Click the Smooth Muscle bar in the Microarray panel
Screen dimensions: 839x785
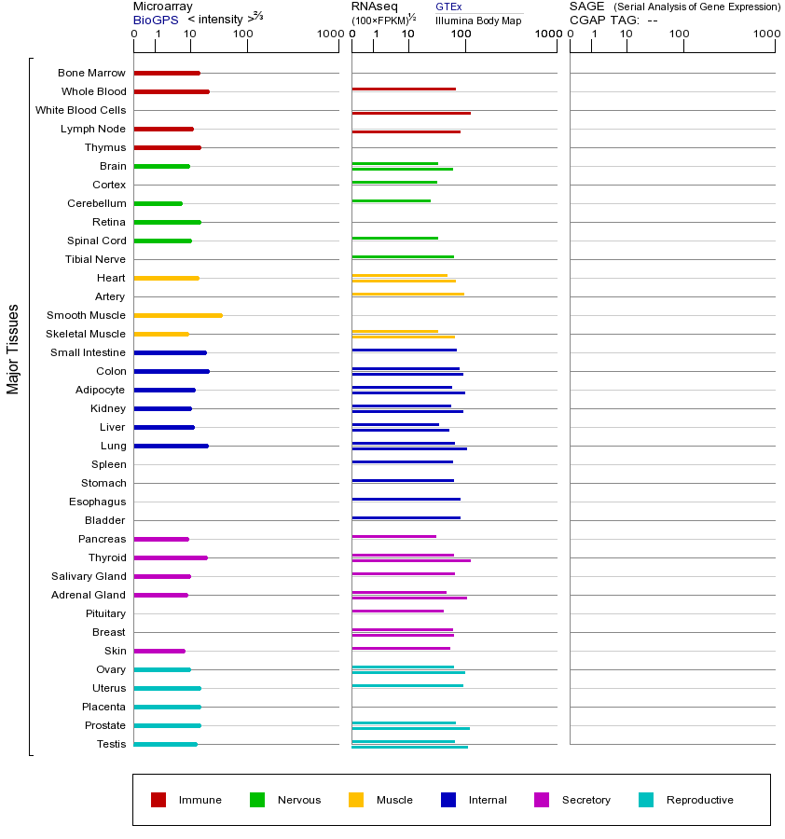[178, 315]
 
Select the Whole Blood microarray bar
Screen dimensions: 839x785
[172, 91]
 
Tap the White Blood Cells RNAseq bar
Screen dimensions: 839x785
[410, 113]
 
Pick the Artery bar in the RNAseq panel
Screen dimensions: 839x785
[407, 294]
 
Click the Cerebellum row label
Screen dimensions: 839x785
[96, 203]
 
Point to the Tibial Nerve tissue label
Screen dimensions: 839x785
[95, 259]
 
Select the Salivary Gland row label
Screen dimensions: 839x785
[89, 576]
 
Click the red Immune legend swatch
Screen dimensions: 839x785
[158, 800]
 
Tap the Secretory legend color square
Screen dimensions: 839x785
[542, 800]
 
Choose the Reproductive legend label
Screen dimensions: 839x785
[699, 800]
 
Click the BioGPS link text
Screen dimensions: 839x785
[156, 20]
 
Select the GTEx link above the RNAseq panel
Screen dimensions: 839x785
[448, 7]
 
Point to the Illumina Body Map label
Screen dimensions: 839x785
[478, 21]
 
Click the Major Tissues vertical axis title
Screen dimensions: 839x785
[13, 349]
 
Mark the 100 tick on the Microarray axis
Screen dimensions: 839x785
[243, 34]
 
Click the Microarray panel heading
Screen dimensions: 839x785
[164, 7]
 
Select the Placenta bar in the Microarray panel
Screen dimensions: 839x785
[168, 707]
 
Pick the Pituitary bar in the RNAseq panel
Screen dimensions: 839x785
[397, 611]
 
